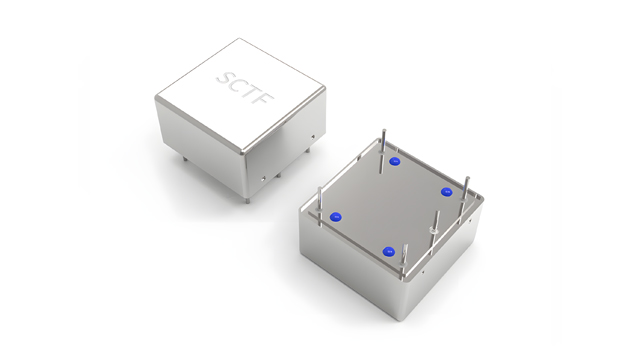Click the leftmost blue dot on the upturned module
337,216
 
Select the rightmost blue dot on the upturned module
446,191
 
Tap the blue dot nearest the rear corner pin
395,161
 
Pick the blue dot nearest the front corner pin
390,252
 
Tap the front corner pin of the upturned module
403,259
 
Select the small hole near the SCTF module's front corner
263,178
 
